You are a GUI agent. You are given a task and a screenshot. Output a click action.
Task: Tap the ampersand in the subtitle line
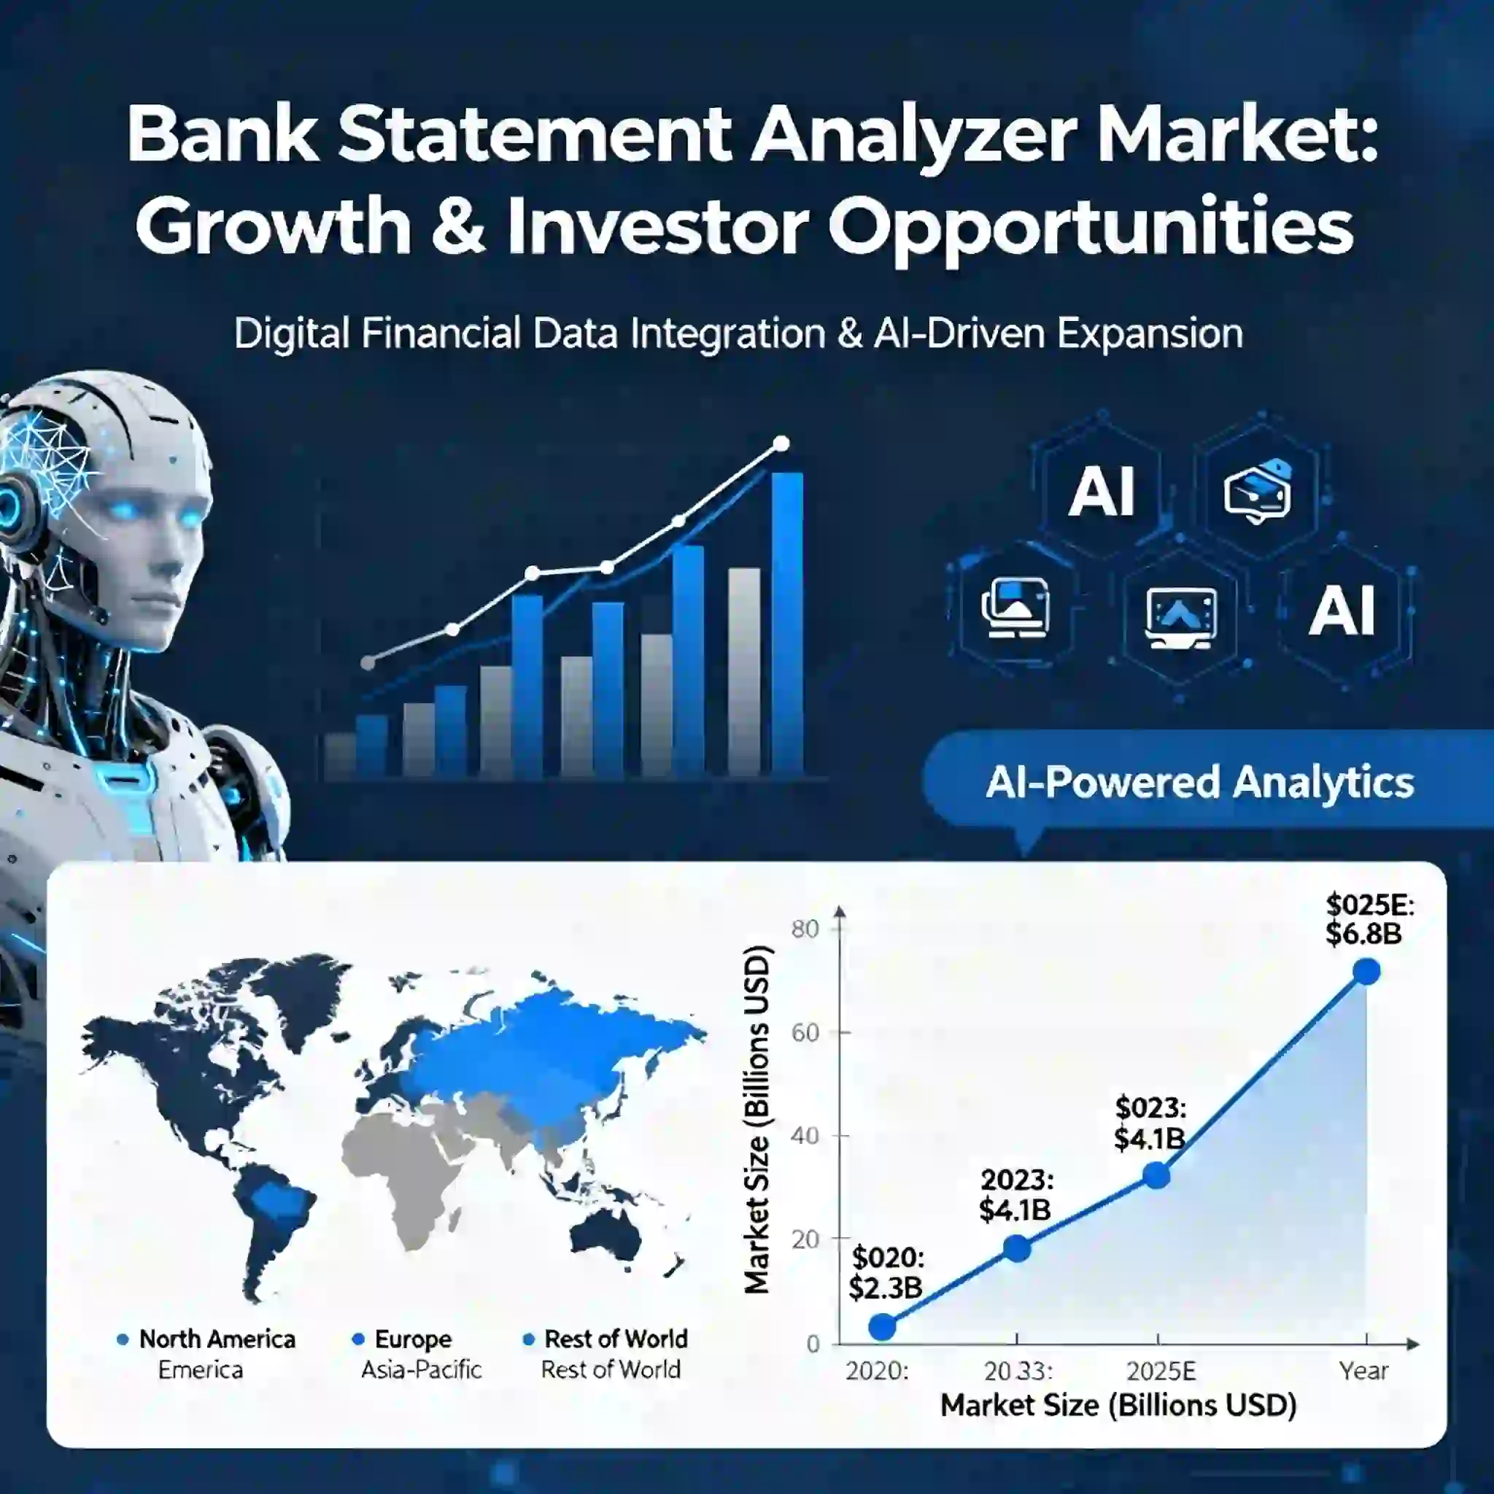click(x=850, y=334)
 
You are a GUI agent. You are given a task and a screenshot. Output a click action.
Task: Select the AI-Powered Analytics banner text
click(x=1199, y=782)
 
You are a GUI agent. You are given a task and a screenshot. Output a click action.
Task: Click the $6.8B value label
click(x=1364, y=933)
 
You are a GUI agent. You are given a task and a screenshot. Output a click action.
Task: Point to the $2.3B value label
click(x=886, y=1288)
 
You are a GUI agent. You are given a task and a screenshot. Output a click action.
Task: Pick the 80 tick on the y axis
click(x=805, y=929)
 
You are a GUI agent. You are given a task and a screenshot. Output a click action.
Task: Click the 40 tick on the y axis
click(x=805, y=1136)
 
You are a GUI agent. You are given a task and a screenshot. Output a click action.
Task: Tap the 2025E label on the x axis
click(x=1161, y=1371)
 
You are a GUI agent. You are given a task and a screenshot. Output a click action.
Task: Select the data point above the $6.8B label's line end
click(x=1366, y=971)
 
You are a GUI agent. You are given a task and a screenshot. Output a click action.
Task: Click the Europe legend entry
click(x=402, y=1339)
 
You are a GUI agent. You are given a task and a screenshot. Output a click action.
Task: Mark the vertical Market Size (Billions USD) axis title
click(x=756, y=1119)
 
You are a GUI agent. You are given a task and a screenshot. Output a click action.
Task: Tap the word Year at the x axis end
click(x=1364, y=1371)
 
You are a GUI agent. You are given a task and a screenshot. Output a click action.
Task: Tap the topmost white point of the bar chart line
click(x=782, y=444)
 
